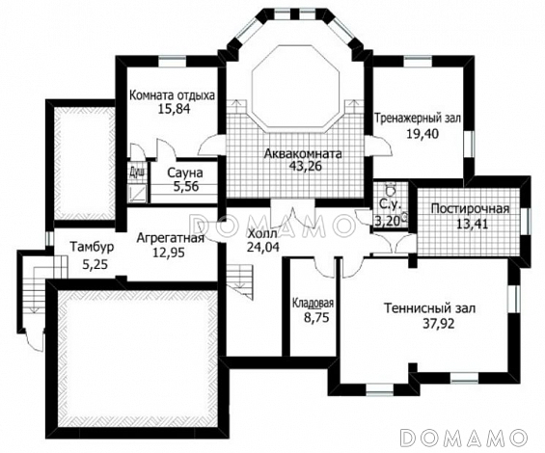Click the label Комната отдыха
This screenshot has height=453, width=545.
point(172,95)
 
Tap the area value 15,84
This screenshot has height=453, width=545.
point(175,109)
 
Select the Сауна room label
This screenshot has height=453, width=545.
point(185,173)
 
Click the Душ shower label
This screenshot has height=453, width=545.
point(137,172)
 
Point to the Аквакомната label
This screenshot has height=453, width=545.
point(303,153)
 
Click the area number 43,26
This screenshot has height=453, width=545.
point(306,166)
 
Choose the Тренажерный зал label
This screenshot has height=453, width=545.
point(417,119)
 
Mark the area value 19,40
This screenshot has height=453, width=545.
point(422,133)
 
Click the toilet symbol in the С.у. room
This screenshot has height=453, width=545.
point(391,190)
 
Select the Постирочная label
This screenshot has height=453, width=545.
point(470,209)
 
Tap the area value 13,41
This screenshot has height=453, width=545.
point(473,224)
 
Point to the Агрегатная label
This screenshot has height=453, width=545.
point(171,238)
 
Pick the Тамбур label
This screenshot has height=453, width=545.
point(92,247)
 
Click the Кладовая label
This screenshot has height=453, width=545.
point(313,304)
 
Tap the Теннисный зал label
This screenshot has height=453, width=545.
point(429,308)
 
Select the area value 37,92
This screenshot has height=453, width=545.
point(439,324)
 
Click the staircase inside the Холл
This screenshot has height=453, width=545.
point(240,280)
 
